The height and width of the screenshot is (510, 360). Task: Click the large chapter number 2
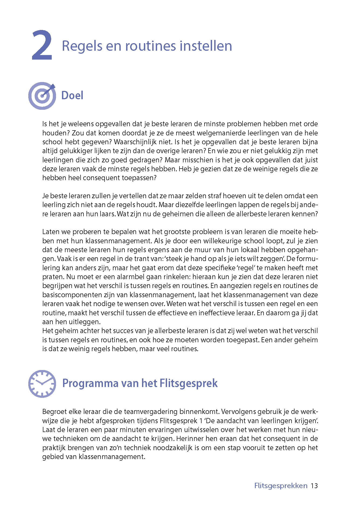click(x=42, y=45)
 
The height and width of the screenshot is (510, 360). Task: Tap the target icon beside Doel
click(x=42, y=96)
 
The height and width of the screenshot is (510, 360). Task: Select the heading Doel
click(x=72, y=95)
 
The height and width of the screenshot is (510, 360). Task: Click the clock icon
click(x=42, y=384)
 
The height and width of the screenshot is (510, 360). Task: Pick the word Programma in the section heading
click(x=90, y=383)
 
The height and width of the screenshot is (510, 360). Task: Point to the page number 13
click(x=314, y=486)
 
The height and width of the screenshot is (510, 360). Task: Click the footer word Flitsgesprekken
click(x=281, y=486)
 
